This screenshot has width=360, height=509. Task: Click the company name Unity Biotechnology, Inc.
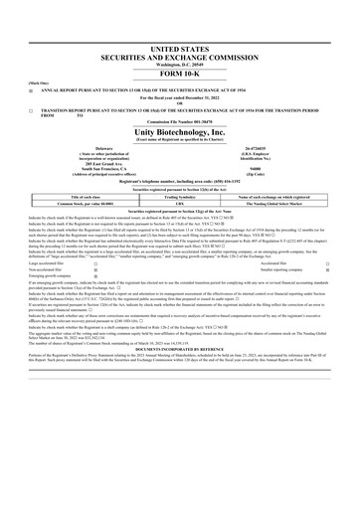pyautogui.click(x=180, y=133)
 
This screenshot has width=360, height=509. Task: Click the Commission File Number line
pyautogui.click(x=180, y=123)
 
